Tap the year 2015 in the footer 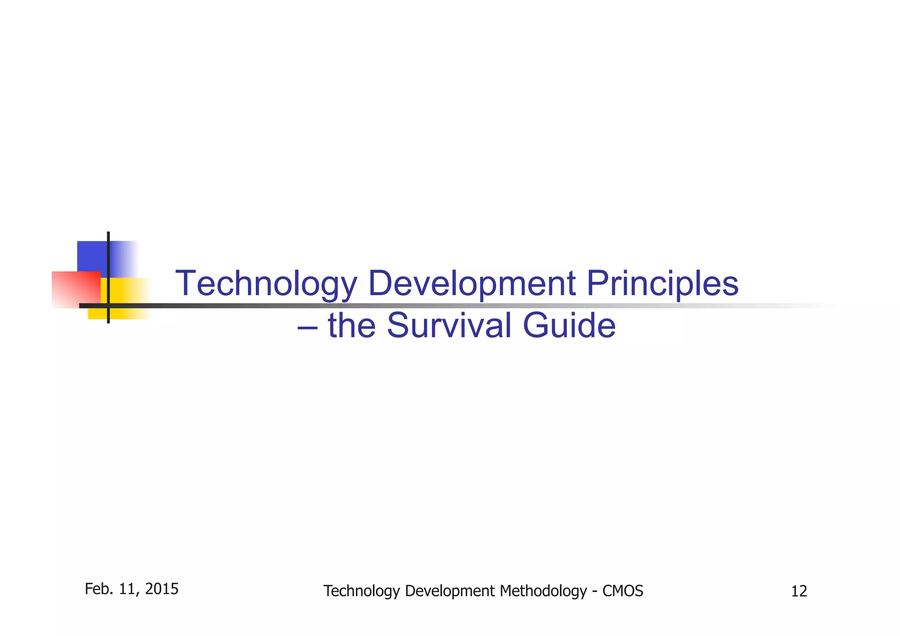[162, 589]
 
